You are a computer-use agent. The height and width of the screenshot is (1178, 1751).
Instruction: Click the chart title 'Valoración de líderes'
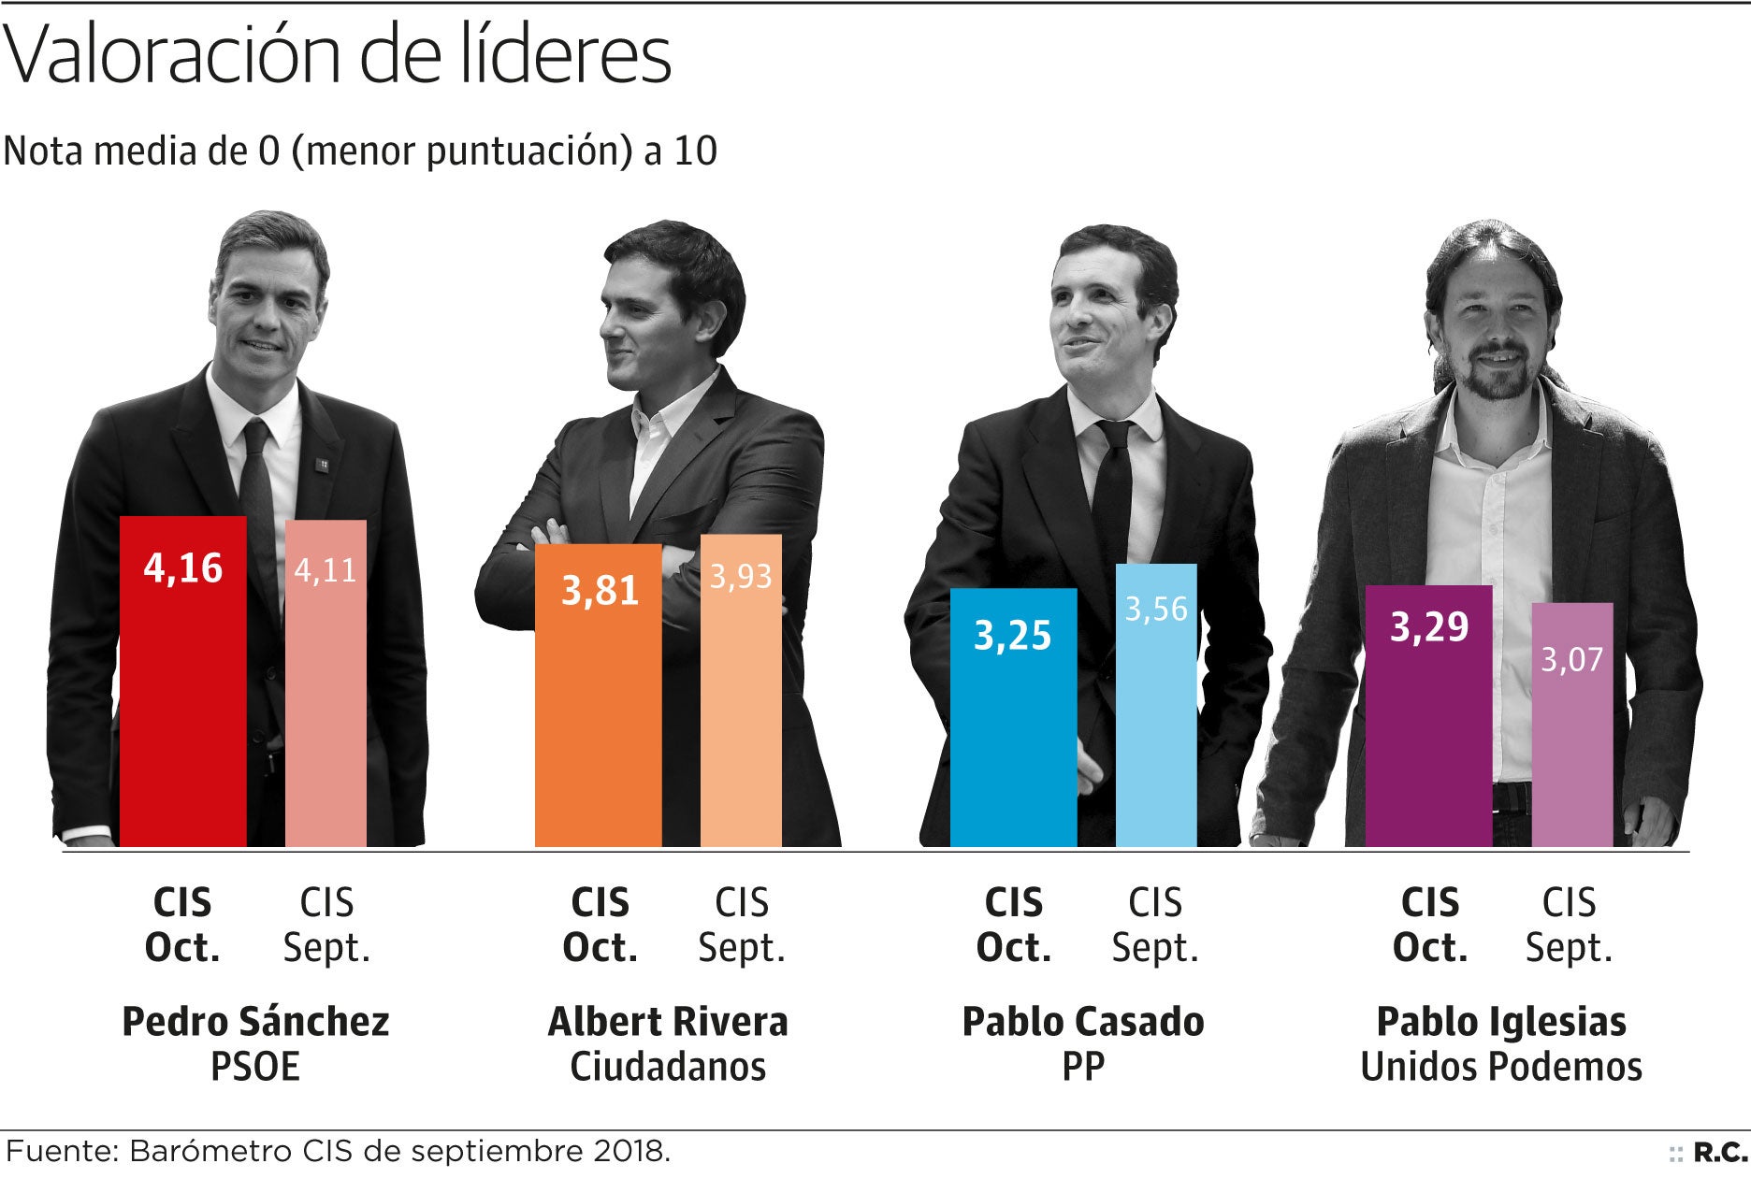click(x=338, y=54)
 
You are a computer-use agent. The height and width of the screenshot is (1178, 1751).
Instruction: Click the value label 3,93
click(x=741, y=576)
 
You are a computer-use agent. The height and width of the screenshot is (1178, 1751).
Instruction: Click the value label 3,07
click(x=1572, y=660)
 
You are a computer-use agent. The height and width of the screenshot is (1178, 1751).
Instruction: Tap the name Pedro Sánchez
click(x=255, y=1022)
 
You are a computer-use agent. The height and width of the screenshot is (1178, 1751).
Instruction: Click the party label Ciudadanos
click(x=668, y=1067)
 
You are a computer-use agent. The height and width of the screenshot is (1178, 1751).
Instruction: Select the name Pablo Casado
click(x=1083, y=1022)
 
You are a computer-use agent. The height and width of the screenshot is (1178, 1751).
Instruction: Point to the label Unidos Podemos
click(x=1501, y=1067)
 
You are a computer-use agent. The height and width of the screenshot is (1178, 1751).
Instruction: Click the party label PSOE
click(x=255, y=1067)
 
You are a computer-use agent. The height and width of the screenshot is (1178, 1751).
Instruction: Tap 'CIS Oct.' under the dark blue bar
click(x=1014, y=926)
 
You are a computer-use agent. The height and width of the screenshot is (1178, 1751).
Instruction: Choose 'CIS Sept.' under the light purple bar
click(x=1569, y=926)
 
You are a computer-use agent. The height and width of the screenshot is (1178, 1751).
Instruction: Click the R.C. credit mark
click(x=1719, y=1153)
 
